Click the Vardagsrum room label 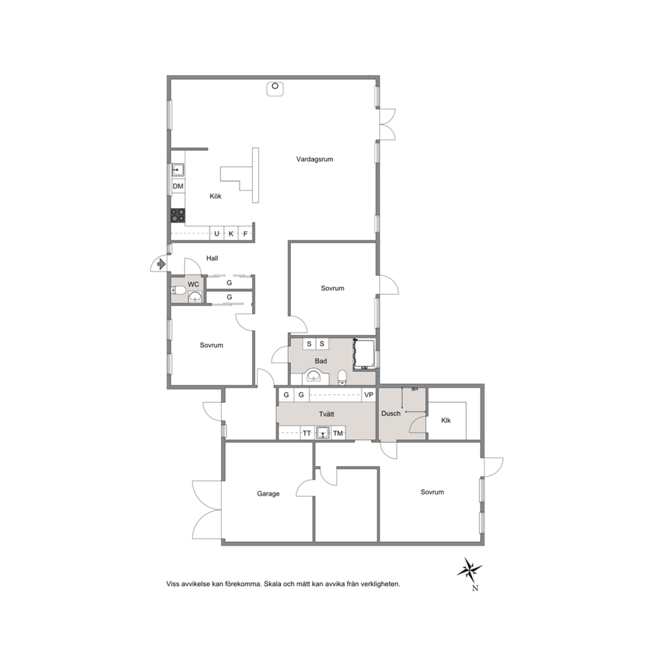[315, 159]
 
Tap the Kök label [215, 196]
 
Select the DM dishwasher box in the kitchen [178, 186]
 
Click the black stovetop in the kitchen [178, 215]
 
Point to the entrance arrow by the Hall [161, 263]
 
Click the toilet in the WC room [178, 290]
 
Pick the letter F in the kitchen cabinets [246, 234]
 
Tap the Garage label [268, 494]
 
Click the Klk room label [446, 420]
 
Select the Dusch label [390, 413]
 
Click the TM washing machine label [338, 434]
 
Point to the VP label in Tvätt [369, 395]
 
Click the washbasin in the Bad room [313, 376]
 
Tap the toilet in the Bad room [342, 377]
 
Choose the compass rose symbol [469, 570]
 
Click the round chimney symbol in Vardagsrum [275, 86]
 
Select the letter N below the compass [475, 588]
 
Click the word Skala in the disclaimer [272, 584]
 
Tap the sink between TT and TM [323, 432]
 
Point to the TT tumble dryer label [307, 434]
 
